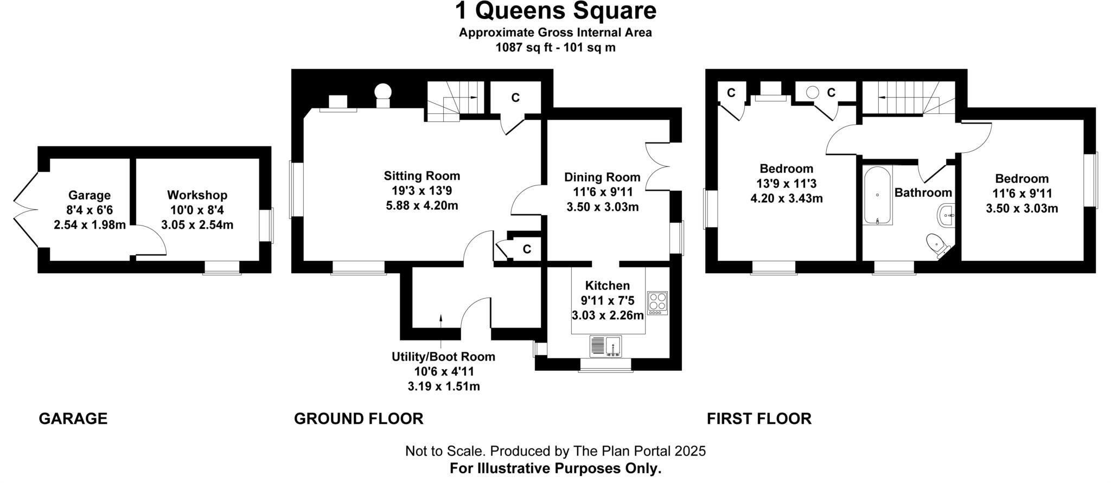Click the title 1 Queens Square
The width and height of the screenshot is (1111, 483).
(x=555, y=11)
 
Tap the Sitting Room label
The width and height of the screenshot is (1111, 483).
(x=422, y=176)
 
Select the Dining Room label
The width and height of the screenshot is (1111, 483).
(x=602, y=177)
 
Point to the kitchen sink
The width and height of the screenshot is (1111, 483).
(x=605, y=345)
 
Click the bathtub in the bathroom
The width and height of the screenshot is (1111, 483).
(x=877, y=196)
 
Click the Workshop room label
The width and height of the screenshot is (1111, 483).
(x=197, y=195)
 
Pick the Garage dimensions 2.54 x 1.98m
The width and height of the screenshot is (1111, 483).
(x=90, y=224)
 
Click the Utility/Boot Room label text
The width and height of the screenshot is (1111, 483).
(x=443, y=357)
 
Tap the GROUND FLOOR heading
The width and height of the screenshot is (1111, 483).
(x=358, y=418)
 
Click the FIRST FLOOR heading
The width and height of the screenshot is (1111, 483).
(x=759, y=418)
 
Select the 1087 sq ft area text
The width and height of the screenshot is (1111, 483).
(x=525, y=47)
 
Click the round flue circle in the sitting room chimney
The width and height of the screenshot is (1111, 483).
(x=384, y=91)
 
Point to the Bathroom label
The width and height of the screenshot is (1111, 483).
(x=923, y=192)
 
